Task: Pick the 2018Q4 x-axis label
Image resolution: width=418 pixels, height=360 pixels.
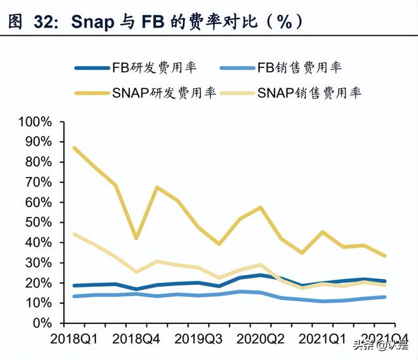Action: (x=136, y=340)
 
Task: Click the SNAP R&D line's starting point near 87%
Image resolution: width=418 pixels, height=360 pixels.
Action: (x=74, y=148)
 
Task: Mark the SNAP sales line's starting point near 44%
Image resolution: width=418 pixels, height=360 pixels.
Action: (x=74, y=235)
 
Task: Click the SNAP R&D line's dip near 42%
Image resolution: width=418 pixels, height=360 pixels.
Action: (x=136, y=238)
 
